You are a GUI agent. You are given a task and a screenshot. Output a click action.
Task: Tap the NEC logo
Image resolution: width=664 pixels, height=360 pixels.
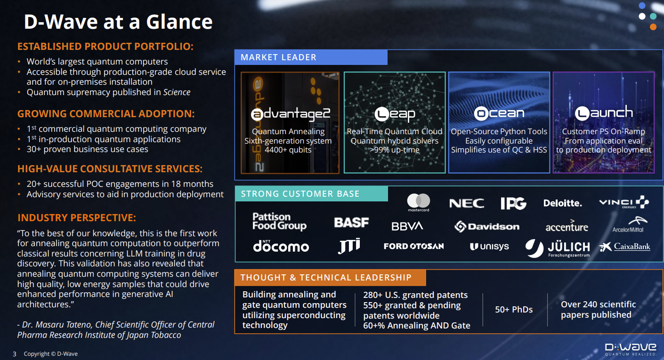[467, 203]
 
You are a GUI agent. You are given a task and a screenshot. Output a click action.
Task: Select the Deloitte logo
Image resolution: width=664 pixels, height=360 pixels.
[562, 203]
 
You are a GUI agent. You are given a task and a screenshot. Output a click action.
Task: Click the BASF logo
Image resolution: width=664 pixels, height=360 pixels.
[352, 223]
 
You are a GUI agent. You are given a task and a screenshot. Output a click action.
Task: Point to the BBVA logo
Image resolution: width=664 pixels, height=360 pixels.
[407, 226]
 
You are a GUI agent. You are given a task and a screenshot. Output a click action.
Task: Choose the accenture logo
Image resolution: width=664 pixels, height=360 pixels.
[567, 226]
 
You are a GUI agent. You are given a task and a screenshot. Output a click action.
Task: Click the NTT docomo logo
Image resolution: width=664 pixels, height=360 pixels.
[281, 246]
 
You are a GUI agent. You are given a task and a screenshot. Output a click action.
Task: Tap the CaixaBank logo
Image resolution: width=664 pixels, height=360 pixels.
[625, 247]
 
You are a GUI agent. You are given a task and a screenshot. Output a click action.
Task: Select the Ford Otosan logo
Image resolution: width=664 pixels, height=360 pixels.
[414, 246]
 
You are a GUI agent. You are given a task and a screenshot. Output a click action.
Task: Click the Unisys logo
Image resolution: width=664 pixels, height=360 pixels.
[489, 247]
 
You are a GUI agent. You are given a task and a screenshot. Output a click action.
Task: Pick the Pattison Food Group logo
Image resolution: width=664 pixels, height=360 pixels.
[279, 221]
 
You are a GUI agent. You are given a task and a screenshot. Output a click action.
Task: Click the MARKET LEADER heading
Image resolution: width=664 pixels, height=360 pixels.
[279, 57]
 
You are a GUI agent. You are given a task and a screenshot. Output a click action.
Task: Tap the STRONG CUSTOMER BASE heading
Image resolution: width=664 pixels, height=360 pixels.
[300, 194]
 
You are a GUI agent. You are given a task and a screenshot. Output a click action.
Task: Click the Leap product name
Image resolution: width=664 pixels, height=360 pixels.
[395, 114]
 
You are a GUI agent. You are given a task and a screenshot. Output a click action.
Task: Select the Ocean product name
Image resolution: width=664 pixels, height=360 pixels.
[499, 113]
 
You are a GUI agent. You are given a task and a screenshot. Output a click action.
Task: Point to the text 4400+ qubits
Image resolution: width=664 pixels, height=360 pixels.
[288, 150]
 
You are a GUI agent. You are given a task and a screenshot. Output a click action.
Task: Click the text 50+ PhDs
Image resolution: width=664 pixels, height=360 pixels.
[514, 310]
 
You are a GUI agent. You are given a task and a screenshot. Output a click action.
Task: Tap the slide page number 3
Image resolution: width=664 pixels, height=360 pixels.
[15, 354]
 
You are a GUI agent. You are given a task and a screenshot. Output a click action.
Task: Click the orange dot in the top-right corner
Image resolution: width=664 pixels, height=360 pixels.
[653, 27]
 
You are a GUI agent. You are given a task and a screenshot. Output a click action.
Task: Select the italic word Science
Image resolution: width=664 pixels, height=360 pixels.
[177, 92]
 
